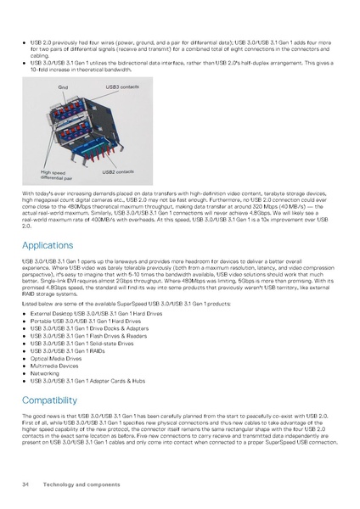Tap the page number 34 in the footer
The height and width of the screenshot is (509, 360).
pyautogui.click(x=25, y=483)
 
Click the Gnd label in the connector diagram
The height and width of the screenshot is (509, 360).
pyautogui.click(x=63, y=87)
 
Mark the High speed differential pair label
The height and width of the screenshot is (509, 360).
pyautogui.click(x=55, y=176)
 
